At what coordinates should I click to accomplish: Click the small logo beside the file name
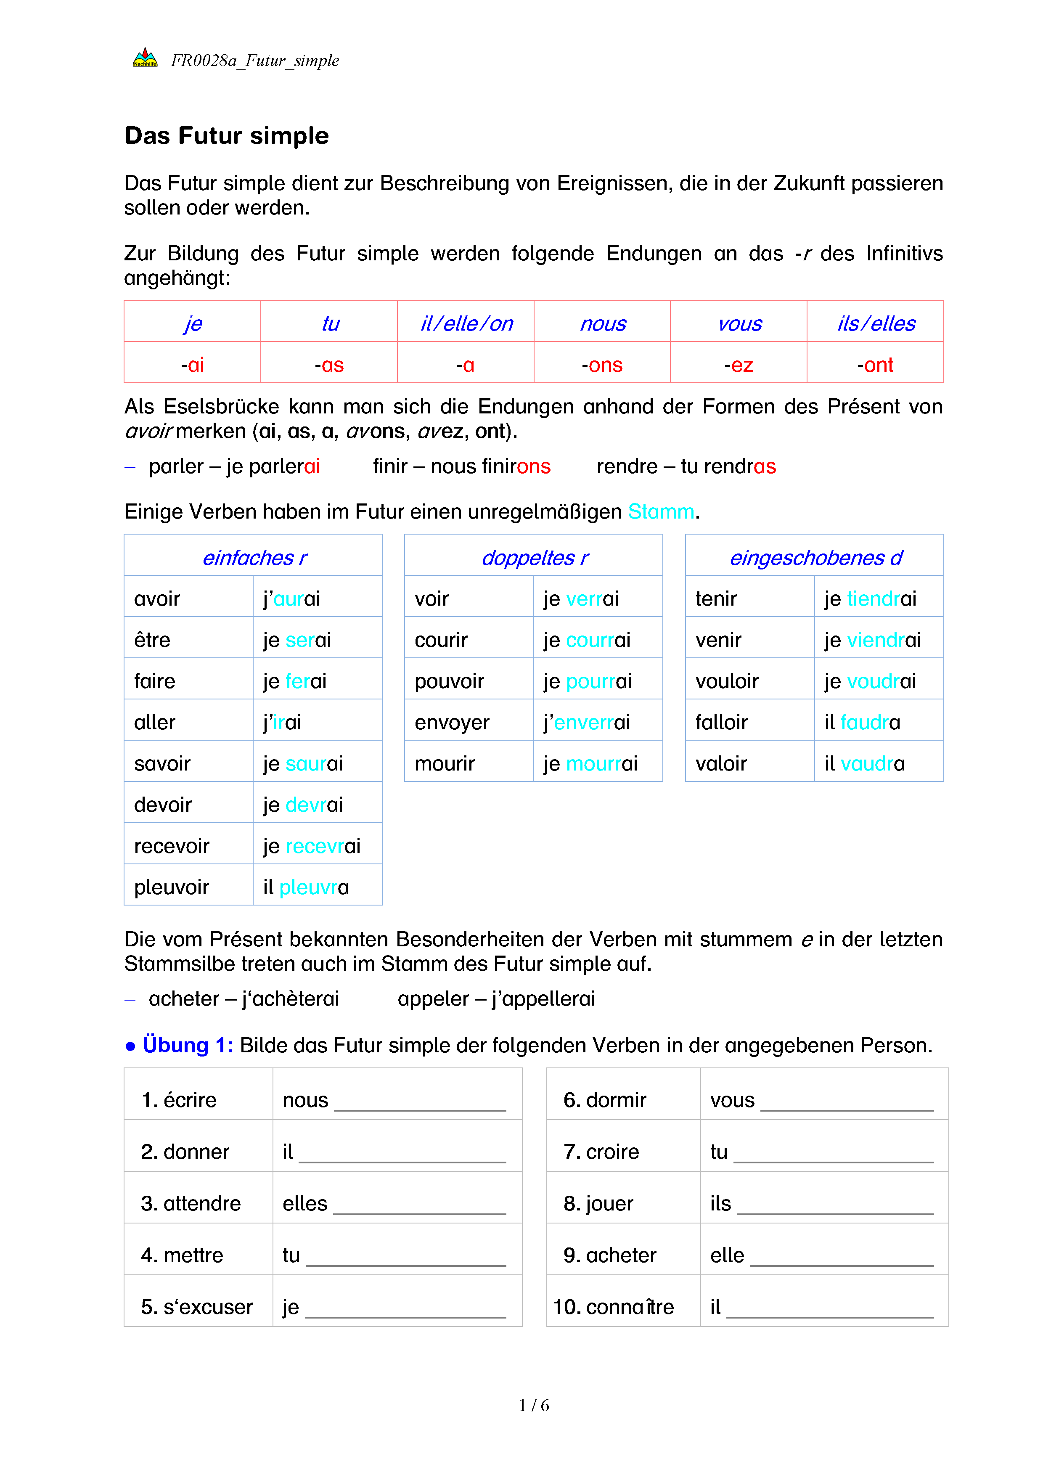tap(145, 58)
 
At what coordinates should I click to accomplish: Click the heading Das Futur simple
tap(226, 136)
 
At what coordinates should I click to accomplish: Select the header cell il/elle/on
tap(466, 323)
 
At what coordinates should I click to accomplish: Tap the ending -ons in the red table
tap(602, 365)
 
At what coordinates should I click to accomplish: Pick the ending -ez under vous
tap(738, 365)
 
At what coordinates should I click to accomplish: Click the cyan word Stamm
tap(661, 511)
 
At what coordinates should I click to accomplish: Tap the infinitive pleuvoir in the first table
tap(172, 887)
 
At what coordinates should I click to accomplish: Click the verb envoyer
tap(452, 722)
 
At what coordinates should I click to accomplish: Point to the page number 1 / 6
tap(534, 1406)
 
